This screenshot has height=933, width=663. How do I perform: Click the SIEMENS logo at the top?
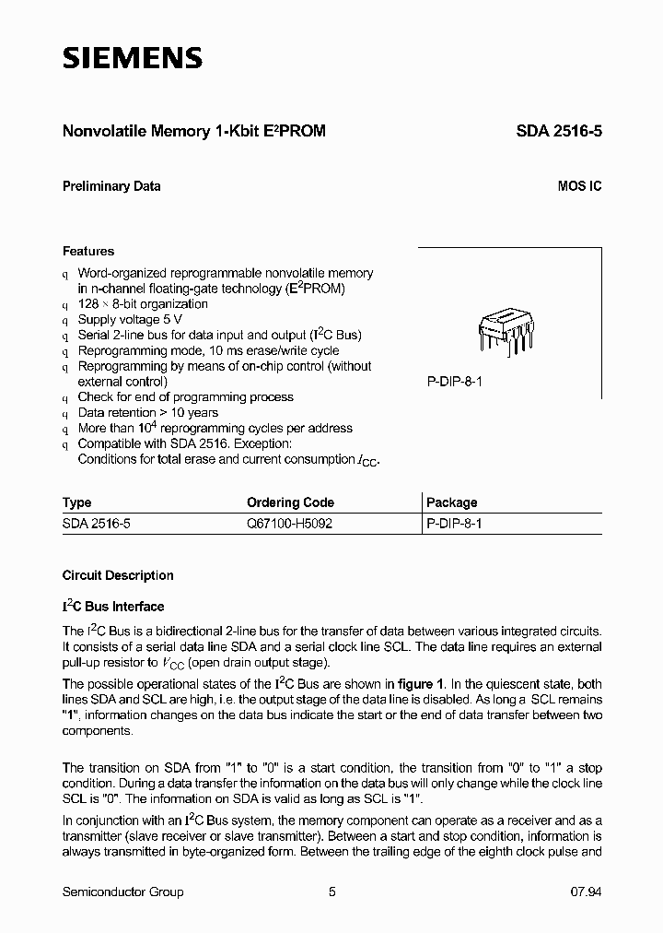coord(132,58)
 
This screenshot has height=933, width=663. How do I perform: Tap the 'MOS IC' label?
coord(579,186)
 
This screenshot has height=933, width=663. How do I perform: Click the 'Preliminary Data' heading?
coord(111,186)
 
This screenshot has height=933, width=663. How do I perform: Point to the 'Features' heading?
coord(88,251)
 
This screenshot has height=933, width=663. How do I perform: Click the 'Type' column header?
coord(76,502)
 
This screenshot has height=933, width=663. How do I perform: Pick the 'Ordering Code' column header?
coord(290,502)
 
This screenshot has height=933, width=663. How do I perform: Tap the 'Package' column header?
coord(452,502)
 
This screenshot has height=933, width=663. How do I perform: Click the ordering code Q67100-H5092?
coord(289,523)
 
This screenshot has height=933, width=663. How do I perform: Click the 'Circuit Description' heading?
coord(118,575)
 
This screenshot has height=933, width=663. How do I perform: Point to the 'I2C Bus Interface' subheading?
coord(113,607)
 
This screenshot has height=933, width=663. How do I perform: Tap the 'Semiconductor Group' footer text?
coord(122,892)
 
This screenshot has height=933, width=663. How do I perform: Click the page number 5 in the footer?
coord(331,892)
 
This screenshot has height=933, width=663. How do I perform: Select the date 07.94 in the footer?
coord(586,892)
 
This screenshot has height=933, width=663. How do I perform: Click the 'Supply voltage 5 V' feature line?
coord(131,320)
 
